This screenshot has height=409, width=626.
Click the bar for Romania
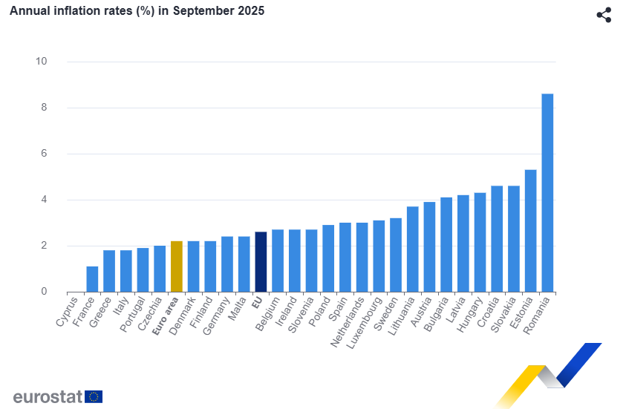coord(547,193)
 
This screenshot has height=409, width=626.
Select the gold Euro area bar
coord(176,266)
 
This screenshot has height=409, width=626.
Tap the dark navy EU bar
coord(261,262)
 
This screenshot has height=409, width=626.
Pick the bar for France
coord(92,279)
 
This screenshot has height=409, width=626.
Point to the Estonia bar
coord(530,231)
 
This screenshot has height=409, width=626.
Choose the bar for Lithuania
coord(412,249)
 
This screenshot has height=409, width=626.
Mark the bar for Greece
coord(109,271)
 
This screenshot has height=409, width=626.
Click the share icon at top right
coord(604,15)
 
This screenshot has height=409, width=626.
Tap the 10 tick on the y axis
coord(42,62)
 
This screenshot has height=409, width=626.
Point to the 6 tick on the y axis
coord(44,154)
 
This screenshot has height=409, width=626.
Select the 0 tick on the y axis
coord(44,292)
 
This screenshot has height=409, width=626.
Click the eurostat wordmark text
coord(47,396)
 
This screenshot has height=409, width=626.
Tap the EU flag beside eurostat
coord(94,396)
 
